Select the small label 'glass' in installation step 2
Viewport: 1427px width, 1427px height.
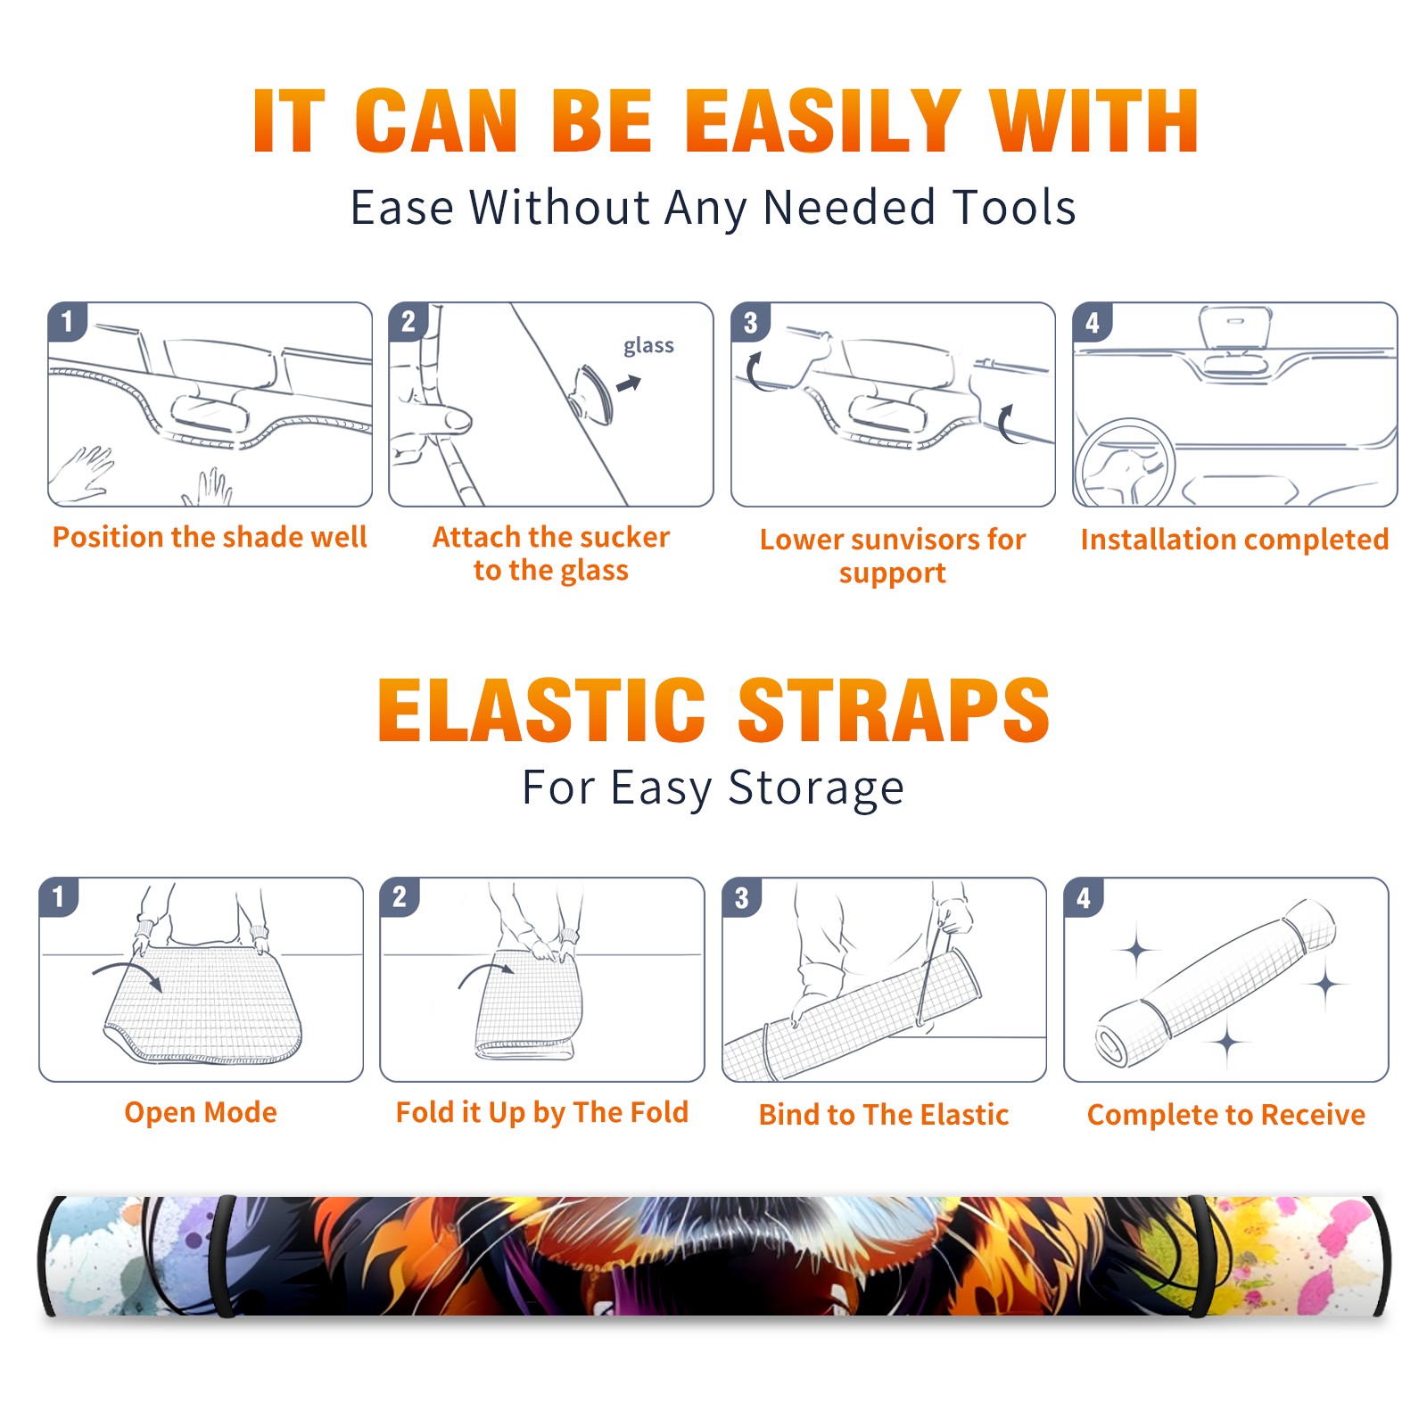[x=648, y=345]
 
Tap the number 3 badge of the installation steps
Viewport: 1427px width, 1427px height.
[x=750, y=323]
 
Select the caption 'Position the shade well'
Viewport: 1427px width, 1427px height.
[x=210, y=537]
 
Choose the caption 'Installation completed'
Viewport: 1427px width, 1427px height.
[x=1234, y=540]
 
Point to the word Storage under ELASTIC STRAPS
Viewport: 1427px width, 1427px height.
[x=816, y=788]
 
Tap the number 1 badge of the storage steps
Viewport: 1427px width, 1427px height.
[x=59, y=897]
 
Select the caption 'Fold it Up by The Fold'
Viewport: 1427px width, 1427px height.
[x=542, y=1112]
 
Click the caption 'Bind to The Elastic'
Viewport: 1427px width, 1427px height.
[x=884, y=1115]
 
